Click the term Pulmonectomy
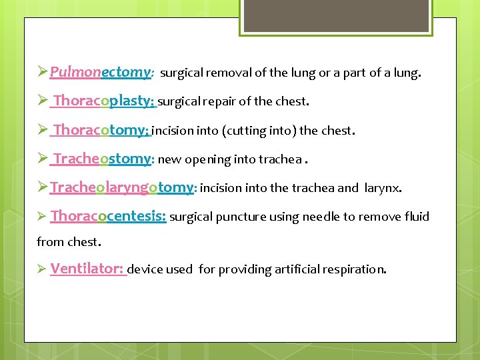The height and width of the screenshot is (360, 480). (x=101, y=72)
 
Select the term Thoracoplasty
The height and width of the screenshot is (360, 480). (x=103, y=101)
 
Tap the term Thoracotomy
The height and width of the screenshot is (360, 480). (x=102, y=130)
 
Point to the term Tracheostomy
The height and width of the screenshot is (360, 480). (x=103, y=159)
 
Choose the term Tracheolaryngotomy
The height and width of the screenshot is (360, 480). (x=122, y=188)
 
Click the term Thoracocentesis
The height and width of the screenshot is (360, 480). (x=107, y=217)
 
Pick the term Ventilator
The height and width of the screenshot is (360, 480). (x=87, y=269)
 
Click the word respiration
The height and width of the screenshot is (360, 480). (x=355, y=270)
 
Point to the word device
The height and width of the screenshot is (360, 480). (x=145, y=270)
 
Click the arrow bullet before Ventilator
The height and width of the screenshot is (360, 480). (x=41, y=269)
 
